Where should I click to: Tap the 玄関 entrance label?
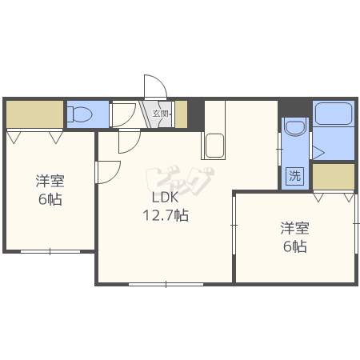click(161, 114)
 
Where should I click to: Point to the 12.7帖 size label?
click(166, 215)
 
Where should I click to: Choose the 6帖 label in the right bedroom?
click(294, 246)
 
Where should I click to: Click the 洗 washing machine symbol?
click(294, 177)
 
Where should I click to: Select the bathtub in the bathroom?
click(334, 114)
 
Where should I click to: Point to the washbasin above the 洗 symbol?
click(294, 127)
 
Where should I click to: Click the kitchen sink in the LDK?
click(214, 147)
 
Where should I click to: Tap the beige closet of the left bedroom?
click(34, 114)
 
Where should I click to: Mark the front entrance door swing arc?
click(154, 87)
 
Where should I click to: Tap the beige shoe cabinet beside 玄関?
click(181, 114)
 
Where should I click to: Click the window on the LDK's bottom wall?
click(166, 283)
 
